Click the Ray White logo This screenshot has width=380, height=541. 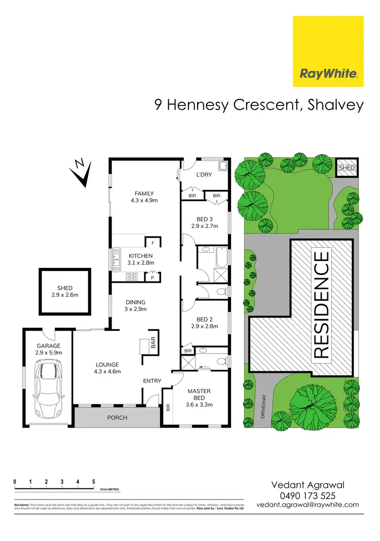(x=328, y=51)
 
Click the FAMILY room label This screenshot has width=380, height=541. (x=144, y=193)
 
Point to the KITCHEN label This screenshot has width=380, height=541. (x=137, y=255)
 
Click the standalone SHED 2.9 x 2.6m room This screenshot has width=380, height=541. (x=65, y=291)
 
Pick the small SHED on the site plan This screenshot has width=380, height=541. (x=347, y=168)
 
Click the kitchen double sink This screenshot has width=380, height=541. (x=117, y=260)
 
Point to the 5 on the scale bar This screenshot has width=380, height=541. (x=94, y=481)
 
